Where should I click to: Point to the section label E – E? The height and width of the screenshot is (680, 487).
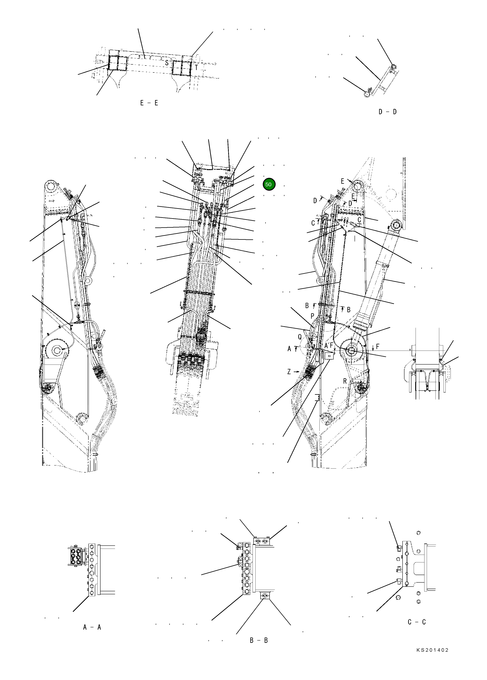point(149,103)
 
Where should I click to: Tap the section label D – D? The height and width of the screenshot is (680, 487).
point(388,112)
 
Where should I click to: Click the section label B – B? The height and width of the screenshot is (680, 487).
point(259,640)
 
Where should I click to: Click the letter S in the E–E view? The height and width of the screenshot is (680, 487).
point(167,63)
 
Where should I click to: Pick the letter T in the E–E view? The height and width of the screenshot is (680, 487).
point(196,68)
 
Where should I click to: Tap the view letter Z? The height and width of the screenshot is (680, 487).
point(289,372)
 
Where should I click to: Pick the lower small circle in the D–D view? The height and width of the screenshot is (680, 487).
point(366,94)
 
